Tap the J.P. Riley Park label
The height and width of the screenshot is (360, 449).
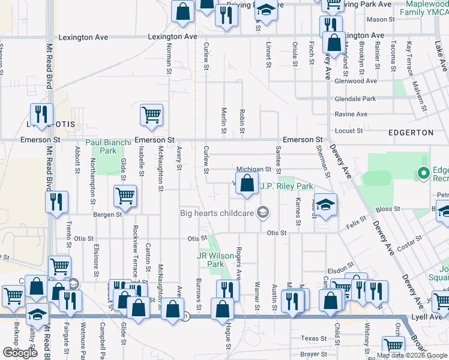[x=286, y=186]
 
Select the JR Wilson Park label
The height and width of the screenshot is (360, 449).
[x=215, y=259]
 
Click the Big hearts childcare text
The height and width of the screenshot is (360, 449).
[x=217, y=212]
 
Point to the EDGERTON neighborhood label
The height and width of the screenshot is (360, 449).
[x=411, y=132]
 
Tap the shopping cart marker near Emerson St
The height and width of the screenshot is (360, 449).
[x=151, y=115]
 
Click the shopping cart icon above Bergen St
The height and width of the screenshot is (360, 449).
[x=125, y=195]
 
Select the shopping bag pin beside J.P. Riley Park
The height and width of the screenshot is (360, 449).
[x=247, y=184]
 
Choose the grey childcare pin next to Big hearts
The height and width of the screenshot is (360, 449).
[x=262, y=212]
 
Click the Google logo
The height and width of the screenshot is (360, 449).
[x=20, y=353]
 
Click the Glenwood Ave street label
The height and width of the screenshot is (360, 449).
[x=356, y=81]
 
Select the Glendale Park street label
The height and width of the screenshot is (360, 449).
[x=355, y=98]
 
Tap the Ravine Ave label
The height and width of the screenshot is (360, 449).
[x=351, y=114]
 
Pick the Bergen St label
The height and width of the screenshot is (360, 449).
[x=108, y=214]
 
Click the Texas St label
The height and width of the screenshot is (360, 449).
[x=313, y=338]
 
